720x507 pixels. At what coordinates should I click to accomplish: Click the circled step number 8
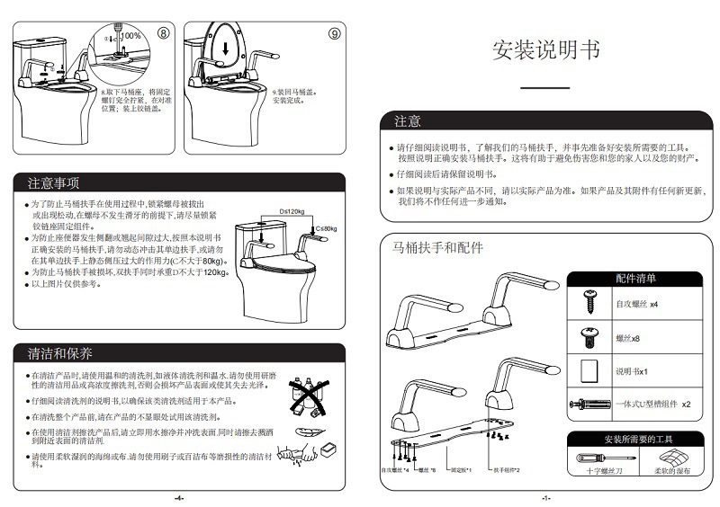tap(163, 33)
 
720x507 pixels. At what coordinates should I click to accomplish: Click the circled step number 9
tap(333, 33)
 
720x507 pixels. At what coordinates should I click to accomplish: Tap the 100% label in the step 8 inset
tap(132, 35)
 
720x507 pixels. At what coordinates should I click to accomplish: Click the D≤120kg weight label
tap(294, 211)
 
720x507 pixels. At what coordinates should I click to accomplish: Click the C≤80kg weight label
tap(326, 229)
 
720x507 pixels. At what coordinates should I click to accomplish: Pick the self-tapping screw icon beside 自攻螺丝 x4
tap(591, 303)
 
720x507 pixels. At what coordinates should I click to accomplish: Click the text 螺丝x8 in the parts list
tap(627, 338)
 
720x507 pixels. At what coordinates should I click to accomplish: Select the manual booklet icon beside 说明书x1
tap(590, 369)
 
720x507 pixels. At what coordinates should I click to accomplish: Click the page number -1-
tap(545, 497)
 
